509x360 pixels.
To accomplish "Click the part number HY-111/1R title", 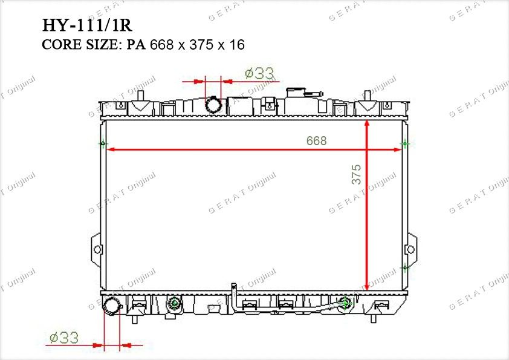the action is [87, 25].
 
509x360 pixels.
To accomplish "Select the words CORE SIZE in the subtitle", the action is [80, 45].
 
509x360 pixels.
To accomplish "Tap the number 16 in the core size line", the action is [236, 45].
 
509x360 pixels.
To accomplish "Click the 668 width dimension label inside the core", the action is [316, 141].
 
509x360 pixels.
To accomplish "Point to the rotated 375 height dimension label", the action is [356, 174].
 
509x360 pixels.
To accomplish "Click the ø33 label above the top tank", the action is [260, 73].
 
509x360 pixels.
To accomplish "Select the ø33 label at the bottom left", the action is [64, 338].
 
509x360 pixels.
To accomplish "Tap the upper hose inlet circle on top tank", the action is [213, 105].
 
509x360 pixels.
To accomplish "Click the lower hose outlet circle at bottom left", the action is [112, 305].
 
